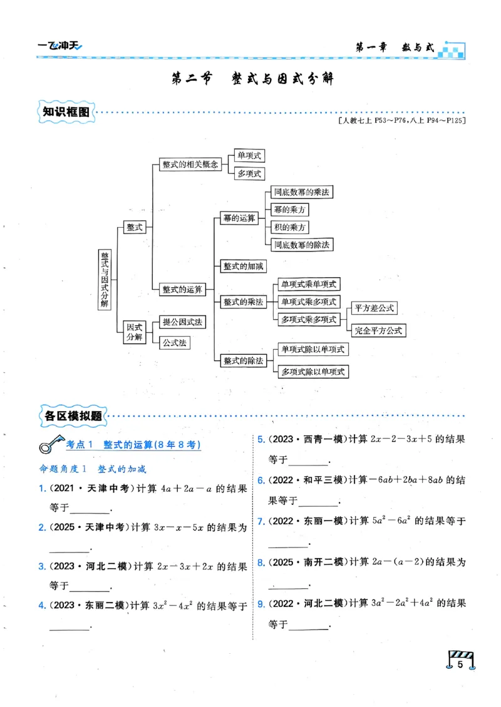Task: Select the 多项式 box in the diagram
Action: click(x=248, y=174)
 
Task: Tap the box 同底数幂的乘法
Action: click(x=301, y=192)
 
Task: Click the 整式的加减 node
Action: click(x=244, y=266)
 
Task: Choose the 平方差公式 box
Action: click(x=374, y=308)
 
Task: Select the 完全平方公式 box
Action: click(x=378, y=330)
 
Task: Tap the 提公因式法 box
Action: click(x=182, y=322)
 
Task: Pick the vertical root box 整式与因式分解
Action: click(x=105, y=278)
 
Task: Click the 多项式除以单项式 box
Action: click(x=312, y=372)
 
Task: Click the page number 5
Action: click(x=460, y=664)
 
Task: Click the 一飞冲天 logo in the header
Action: click(x=59, y=45)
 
